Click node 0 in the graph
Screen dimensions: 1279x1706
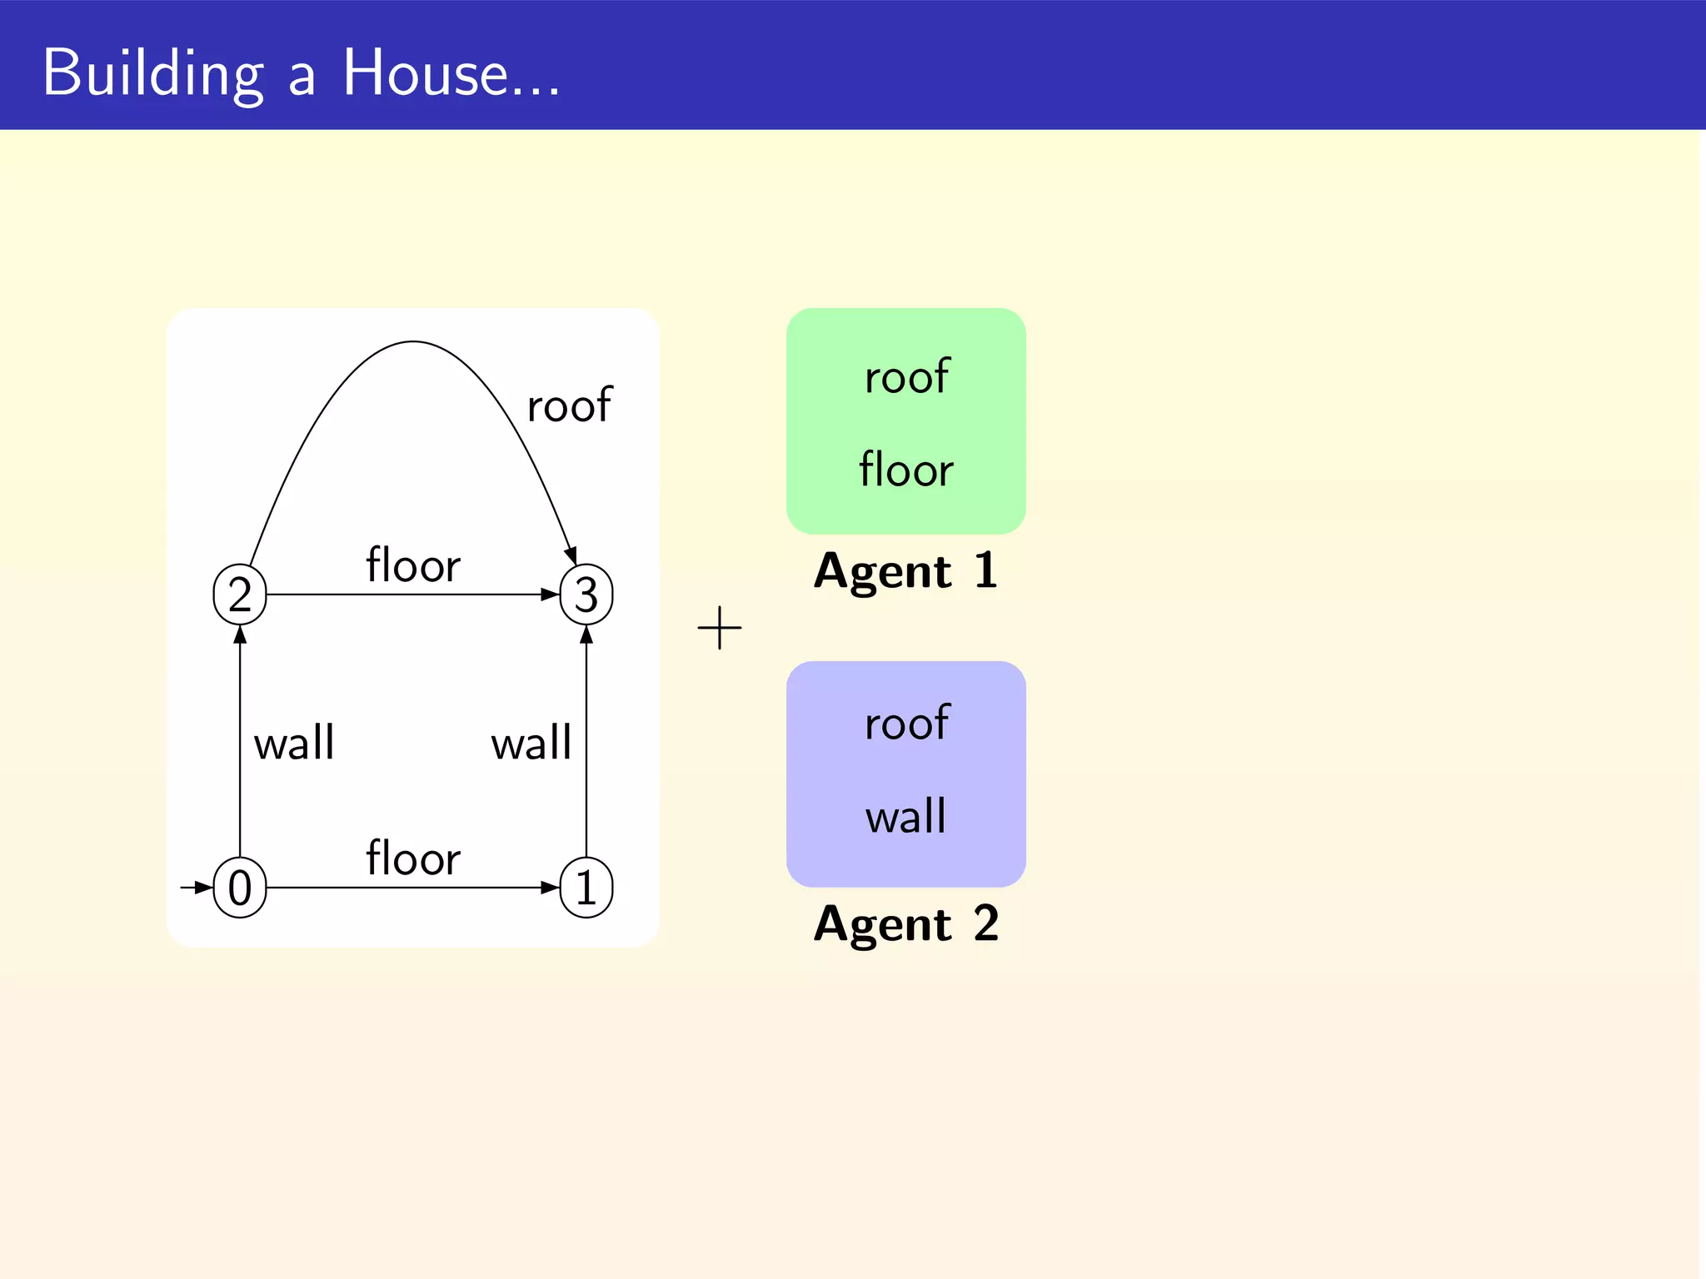pyautogui.click(x=240, y=888)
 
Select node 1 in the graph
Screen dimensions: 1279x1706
pyautogui.click(x=586, y=888)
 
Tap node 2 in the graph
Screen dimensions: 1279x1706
pyautogui.click(x=240, y=595)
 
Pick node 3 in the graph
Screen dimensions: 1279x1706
pyautogui.click(x=586, y=595)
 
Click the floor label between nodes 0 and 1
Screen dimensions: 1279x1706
pyautogui.click(x=413, y=858)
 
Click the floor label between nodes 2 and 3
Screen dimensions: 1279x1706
pyautogui.click(x=413, y=565)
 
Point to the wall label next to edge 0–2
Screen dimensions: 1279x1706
pyautogui.click(x=294, y=743)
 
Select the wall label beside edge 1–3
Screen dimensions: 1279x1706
pyautogui.click(x=531, y=743)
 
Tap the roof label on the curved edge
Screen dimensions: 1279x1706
pyautogui.click(x=570, y=406)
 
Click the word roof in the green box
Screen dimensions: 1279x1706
pyautogui.click(x=906, y=377)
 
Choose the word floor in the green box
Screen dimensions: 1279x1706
pyautogui.click(x=906, y=470)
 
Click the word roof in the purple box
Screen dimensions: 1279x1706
pyautogui.click(x=906, y=723)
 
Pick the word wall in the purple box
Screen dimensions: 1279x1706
pyautogui.click(x=906, y=816)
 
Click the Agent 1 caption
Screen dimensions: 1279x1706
pyautogui.click(x=906, y=571)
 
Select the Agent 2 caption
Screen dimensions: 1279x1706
pyautogui.click(x=906, y=924)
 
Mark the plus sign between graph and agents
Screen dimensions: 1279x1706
pyautogui.click(x=720, y=628)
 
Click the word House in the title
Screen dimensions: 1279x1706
pyautogui.click(x=426, y=73)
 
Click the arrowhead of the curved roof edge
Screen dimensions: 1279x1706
pyautogui.click(x=571, y=556)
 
